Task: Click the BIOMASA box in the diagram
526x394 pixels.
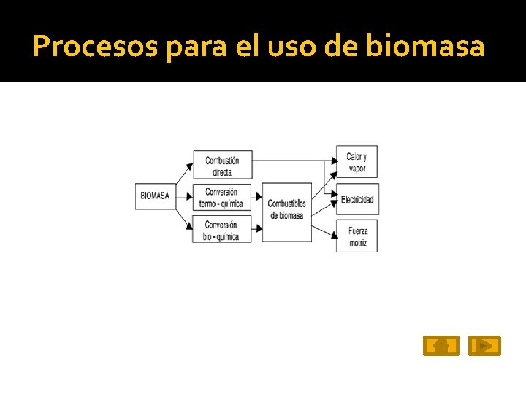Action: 155,196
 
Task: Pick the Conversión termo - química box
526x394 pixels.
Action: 222,197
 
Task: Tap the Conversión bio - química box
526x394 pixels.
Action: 222,230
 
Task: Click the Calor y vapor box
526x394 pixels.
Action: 357,162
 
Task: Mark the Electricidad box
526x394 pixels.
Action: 357,199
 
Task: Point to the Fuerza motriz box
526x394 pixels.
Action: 357,236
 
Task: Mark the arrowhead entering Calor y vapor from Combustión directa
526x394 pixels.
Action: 332,159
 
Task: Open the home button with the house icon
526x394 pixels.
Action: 441,346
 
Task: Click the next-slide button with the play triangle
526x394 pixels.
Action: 484,346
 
